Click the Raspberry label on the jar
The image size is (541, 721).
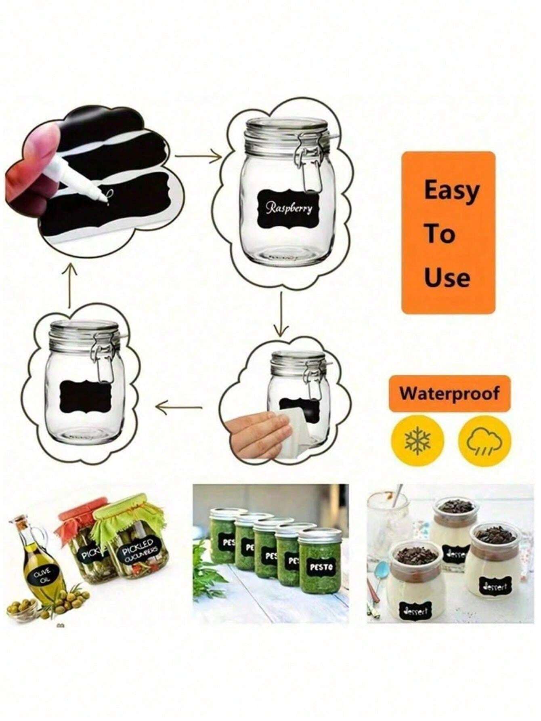pyautogui.click(x=289, y=208)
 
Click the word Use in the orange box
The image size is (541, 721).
pyautogui.click(x=447, y=278)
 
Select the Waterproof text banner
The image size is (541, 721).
pyautogui.click(x=449, y=393)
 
